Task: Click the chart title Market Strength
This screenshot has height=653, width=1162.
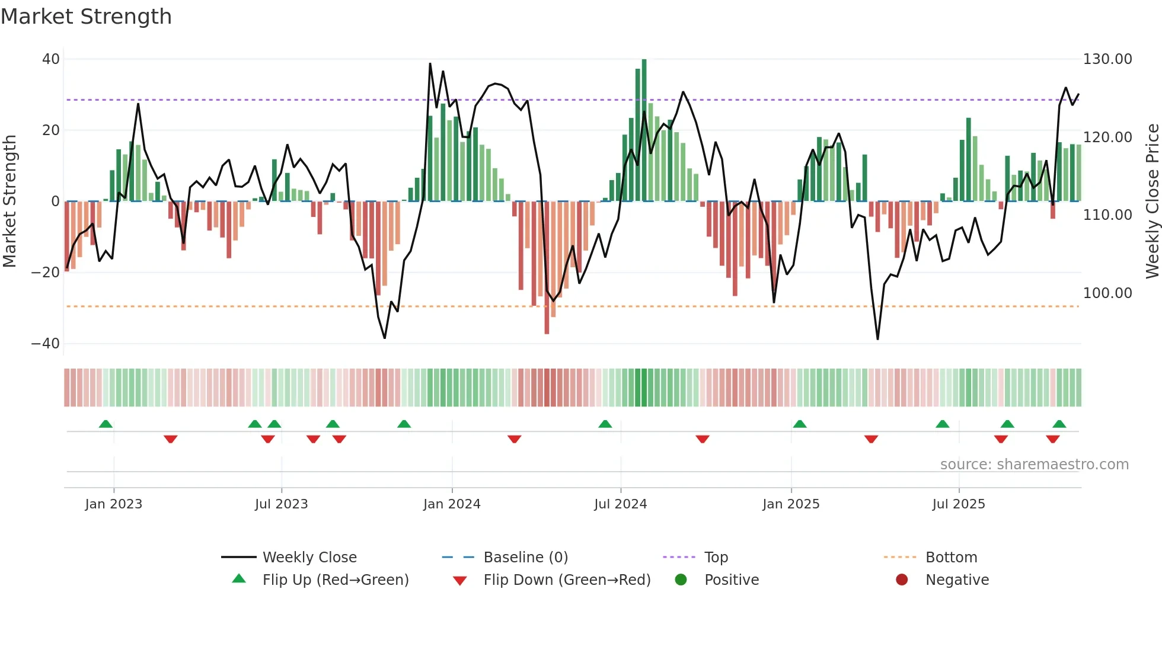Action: tap(86, 17)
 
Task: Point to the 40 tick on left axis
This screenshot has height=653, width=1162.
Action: tap(51, 59)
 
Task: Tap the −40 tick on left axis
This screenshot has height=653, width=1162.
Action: tap(46, 344)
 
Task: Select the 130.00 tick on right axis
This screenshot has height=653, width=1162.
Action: tap(1107, 59)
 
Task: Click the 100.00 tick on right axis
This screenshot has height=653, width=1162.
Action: tap(1107, 293)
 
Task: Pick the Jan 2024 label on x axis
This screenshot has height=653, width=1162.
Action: tap(452, 504)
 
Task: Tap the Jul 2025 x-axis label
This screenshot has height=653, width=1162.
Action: tap(958, 504)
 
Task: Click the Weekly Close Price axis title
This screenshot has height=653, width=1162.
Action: tap(1152, 201)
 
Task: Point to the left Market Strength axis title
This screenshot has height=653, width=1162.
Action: tap(9, 201)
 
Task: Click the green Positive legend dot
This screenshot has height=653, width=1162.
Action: tap(681, 580)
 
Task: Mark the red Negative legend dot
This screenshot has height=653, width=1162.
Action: tap(902, 580)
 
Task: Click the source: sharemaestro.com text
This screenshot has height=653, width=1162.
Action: tap(1034, 465)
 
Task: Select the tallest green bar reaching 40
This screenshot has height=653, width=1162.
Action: tap(644, 130)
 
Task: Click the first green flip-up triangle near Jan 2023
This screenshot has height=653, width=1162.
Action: tap(106, 424)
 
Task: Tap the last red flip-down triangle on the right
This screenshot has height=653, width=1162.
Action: tap(1053, 439)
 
